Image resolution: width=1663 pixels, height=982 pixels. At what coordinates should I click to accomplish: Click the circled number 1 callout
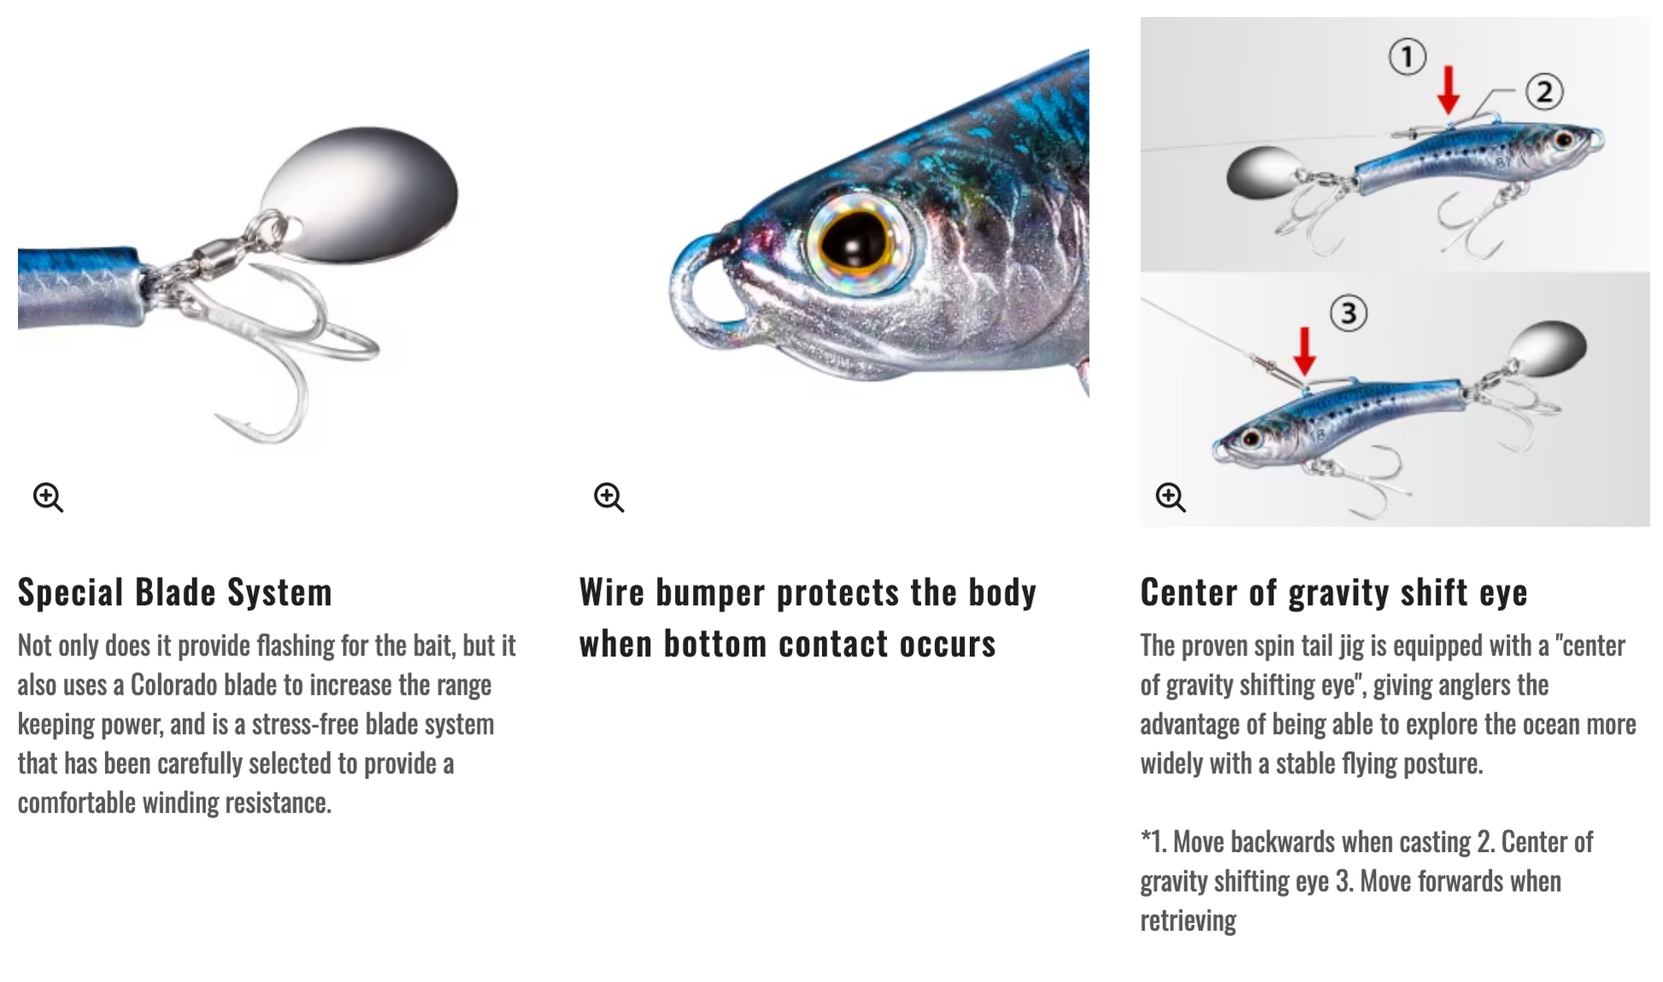(x=1407, y=57)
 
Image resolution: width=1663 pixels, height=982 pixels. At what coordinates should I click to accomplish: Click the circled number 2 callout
(x=1544, y=91)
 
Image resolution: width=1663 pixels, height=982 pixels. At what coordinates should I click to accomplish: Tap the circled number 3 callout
(x=1349, y=314)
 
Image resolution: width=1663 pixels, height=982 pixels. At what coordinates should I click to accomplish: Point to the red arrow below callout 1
(x=1448, y=91)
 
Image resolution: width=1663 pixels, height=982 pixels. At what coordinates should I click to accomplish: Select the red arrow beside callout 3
(x=1304, y=351)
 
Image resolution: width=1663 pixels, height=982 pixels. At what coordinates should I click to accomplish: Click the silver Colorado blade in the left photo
(x=359, y=193)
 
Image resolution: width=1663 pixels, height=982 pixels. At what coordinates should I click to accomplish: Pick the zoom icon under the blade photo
(x=48, y=497)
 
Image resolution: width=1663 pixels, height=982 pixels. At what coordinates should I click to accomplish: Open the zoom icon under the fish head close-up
(x=609, y=497)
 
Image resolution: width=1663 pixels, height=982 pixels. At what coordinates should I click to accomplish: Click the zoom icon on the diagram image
(x=1171, y=497)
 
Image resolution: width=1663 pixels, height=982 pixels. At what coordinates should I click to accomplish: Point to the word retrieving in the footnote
(x=1189, y=921)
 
